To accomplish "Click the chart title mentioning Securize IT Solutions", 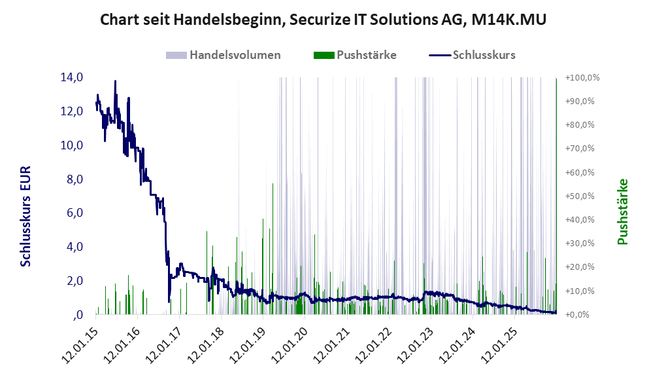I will (323, 20).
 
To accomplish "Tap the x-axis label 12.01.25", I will (499, 341).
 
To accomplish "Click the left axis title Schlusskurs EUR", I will (26, 216).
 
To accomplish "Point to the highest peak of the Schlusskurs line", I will (115, 81).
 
